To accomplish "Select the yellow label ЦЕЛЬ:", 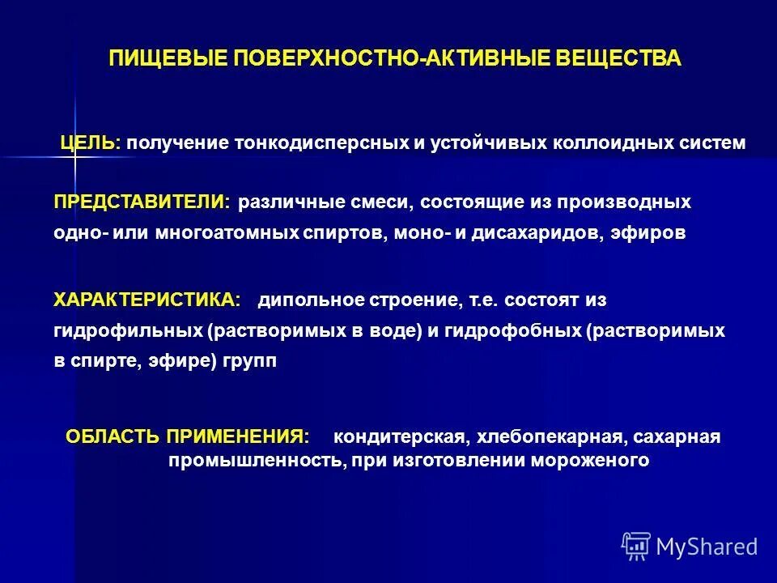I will click(x=90, y=143).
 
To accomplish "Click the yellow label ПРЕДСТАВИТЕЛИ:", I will click(x=142, y=201).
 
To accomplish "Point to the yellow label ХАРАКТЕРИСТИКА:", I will click(x=147, y=300).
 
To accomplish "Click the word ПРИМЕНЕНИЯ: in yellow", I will click(x=238, y=436).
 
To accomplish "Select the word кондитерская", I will click(x=401, y=438).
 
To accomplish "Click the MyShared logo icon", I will click(x=636, y=547).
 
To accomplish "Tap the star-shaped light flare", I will click(x=74, y=155).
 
